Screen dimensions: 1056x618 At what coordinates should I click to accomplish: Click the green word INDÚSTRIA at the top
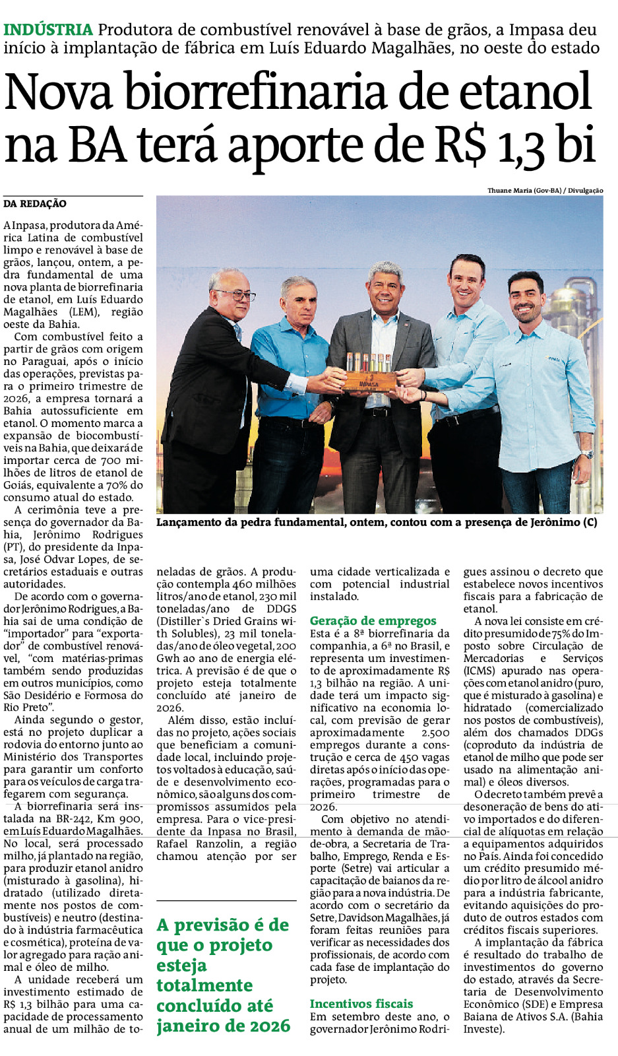tap(48, 30)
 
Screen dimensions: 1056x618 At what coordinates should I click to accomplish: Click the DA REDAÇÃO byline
tap(35, 204)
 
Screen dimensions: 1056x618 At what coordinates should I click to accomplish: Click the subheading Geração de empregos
tap(373, 620)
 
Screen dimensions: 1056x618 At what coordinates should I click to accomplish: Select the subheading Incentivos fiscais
tap(361, 1004)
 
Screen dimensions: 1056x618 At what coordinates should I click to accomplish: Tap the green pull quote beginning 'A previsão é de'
tap(224, 975)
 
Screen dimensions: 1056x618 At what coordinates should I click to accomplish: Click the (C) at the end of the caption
tap(590, 522)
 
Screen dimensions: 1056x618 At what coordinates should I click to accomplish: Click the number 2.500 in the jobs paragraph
tap(435, 733)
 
